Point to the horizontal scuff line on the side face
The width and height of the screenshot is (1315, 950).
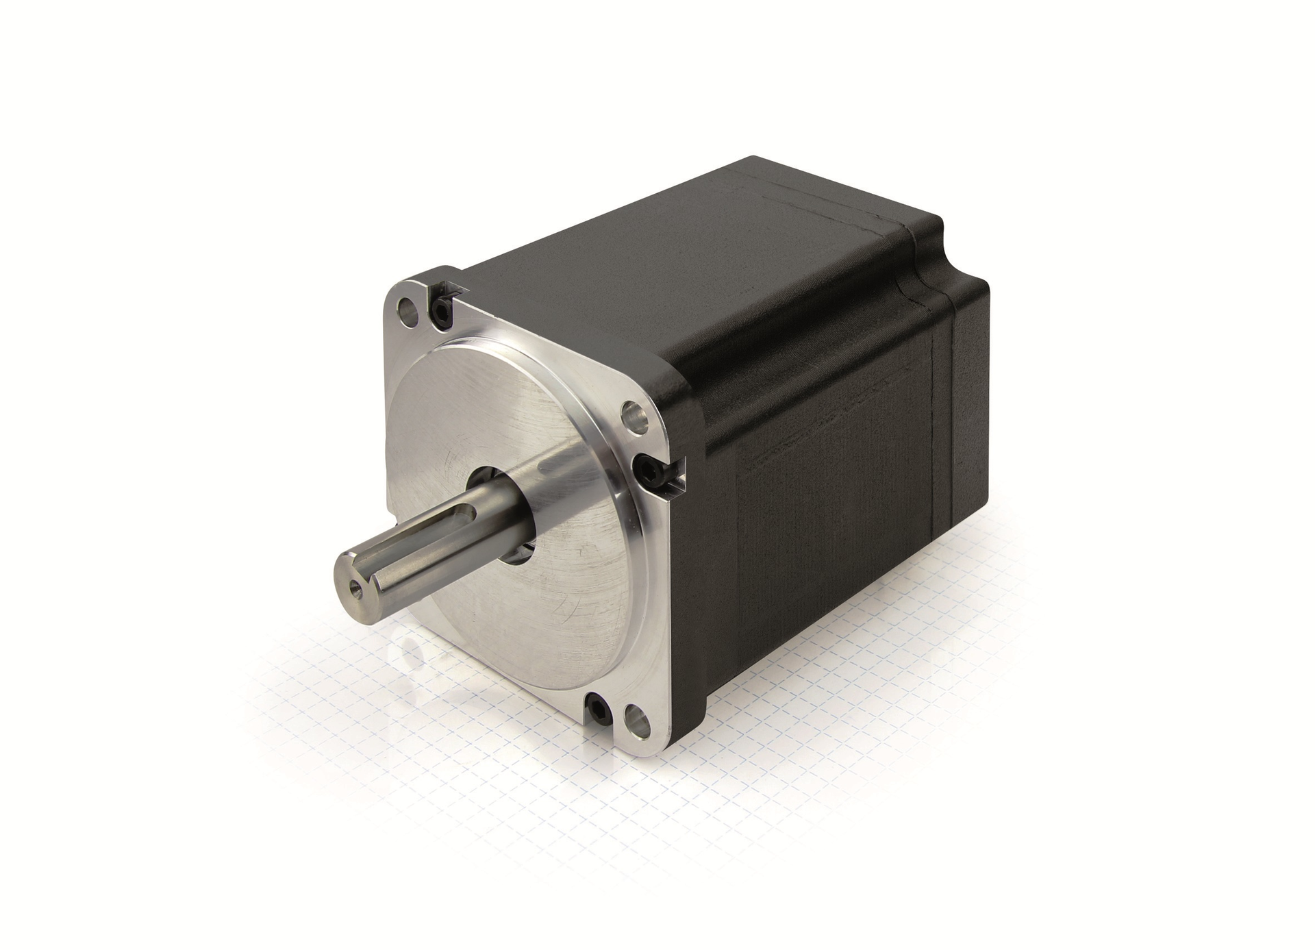coord(822,438)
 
